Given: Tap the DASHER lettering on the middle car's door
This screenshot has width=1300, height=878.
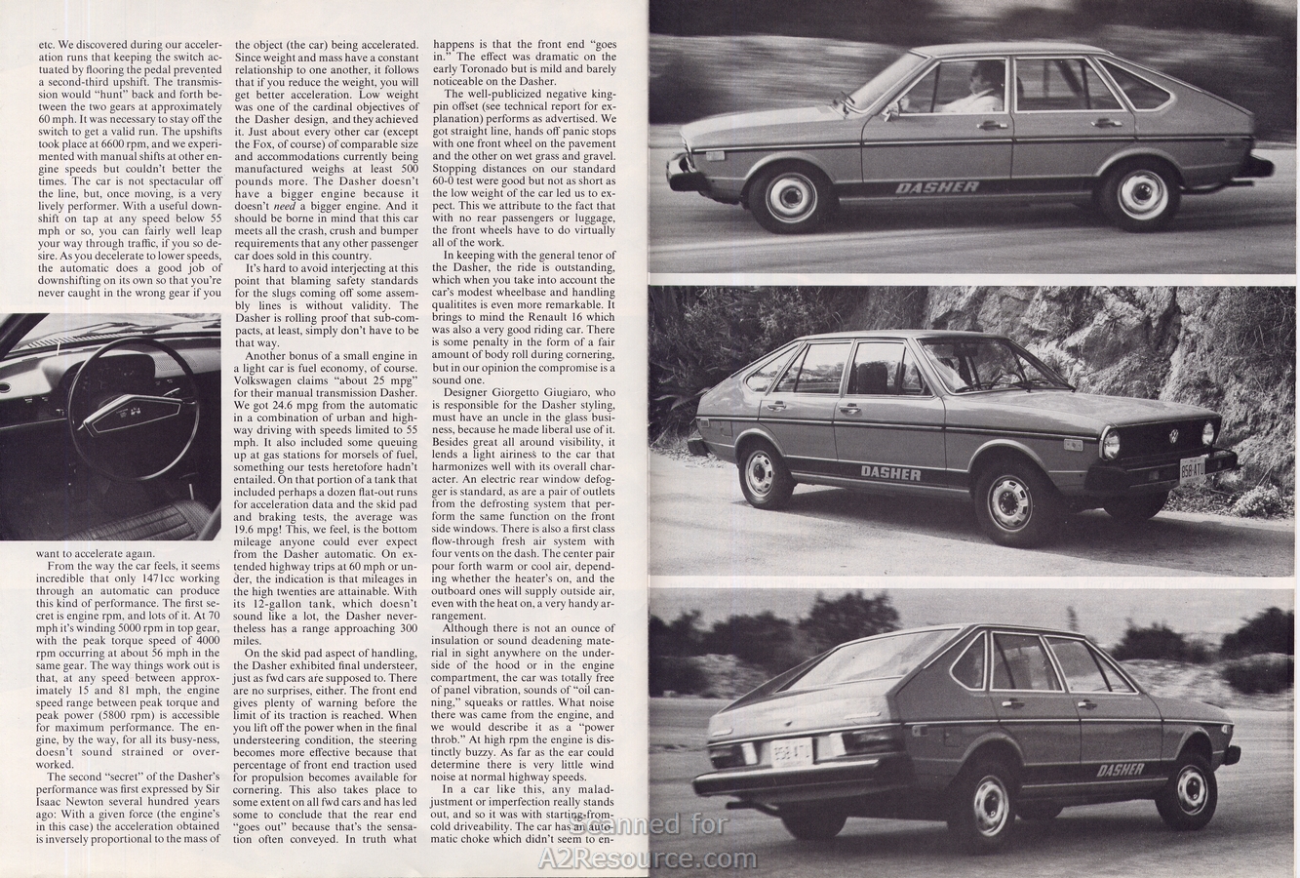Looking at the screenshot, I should pos(889,473).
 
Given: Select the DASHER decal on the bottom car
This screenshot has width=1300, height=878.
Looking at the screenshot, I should pos(1119,769).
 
